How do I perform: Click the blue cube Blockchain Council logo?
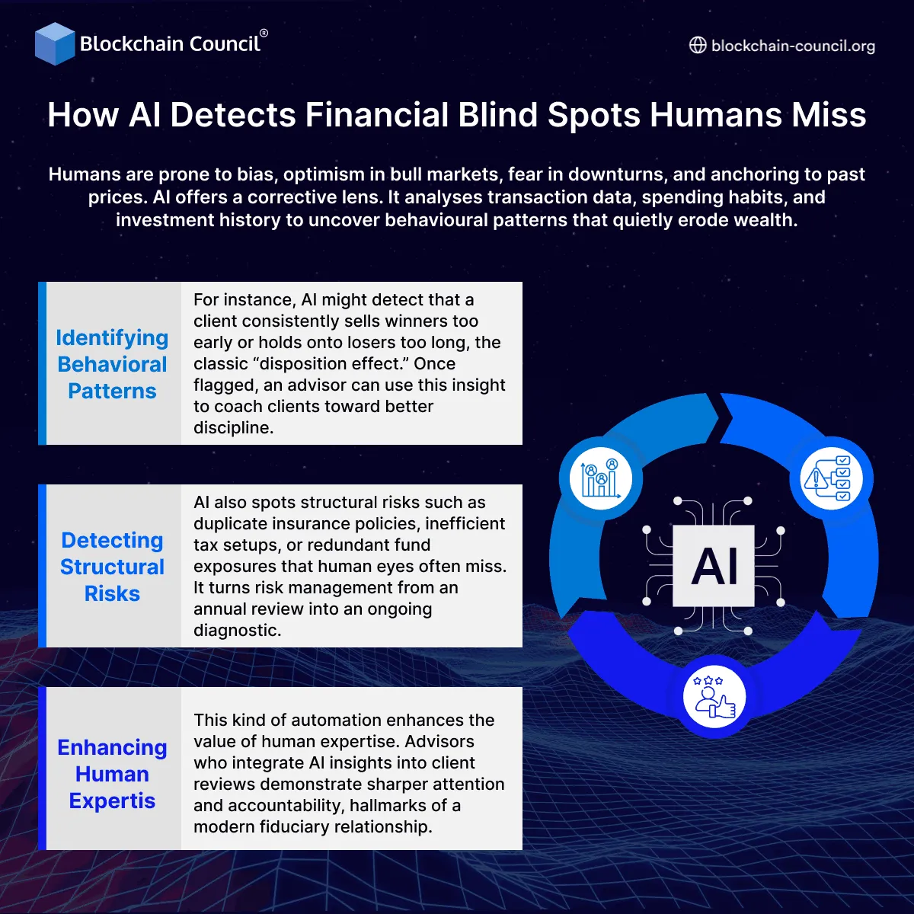tap(55, 43)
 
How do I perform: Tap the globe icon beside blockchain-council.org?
tap(698, 46)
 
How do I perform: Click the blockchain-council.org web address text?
tap(793, 46)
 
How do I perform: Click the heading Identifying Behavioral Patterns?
tap(112, 364)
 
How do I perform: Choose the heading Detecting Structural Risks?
tap(112, 567)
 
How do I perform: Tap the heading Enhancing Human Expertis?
tap(112, 774)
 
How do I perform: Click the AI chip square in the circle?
tap(714, 566)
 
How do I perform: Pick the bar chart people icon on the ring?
tap(601, 478)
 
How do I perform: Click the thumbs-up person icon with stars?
tap(714, 697)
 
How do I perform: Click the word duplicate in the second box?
tap(225, 524)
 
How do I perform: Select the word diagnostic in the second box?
tap(236, 631)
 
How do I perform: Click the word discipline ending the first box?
tap(232, 428)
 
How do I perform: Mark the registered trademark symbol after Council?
tap(264, 34)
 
